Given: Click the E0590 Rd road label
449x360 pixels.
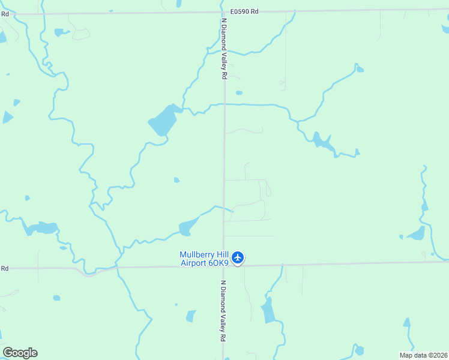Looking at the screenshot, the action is point(244,11).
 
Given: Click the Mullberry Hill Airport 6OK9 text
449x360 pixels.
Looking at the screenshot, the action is point(204,258).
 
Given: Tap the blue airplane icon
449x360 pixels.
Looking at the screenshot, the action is point(238,257).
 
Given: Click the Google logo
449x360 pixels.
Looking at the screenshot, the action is point(20,353).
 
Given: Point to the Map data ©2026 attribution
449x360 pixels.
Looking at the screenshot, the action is point(424,355).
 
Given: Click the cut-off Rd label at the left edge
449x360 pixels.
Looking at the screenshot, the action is point(4,268).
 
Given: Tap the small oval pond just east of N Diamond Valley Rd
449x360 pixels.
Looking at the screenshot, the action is point(239,93).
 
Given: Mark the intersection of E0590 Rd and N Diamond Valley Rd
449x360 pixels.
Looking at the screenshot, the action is point(224,12).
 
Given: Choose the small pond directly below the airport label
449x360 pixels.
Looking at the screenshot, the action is point(191,316).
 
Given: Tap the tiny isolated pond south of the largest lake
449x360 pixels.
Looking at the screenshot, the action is point(176,179).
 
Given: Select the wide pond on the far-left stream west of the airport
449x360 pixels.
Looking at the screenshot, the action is point(41,228).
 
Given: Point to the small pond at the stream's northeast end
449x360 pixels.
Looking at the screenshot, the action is point(360,70).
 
